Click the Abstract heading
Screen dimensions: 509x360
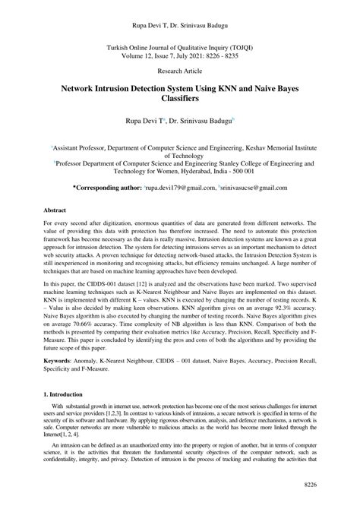(56, 208)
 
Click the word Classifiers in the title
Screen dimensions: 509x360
(180, 100)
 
